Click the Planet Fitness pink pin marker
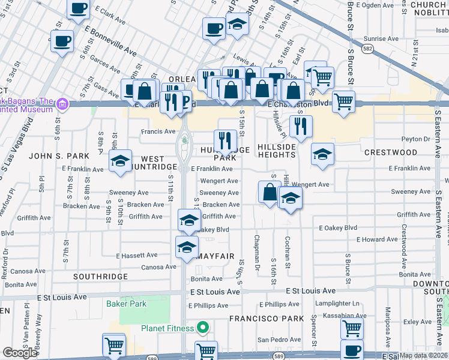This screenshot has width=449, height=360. [203, 328]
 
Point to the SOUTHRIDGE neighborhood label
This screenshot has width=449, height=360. [100, 277]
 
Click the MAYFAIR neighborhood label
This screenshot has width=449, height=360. [214, 256]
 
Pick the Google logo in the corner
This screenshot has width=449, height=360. [20, 353]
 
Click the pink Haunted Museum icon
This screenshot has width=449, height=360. [61, 105]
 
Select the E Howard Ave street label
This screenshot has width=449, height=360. [376, 239]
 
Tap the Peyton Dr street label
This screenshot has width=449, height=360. [415, 139]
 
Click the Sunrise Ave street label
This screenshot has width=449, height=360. [381, 38]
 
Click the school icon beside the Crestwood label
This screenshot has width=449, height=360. [322, 155]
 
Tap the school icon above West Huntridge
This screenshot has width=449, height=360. [120, 161]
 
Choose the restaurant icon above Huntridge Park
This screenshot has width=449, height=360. [225, 141]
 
